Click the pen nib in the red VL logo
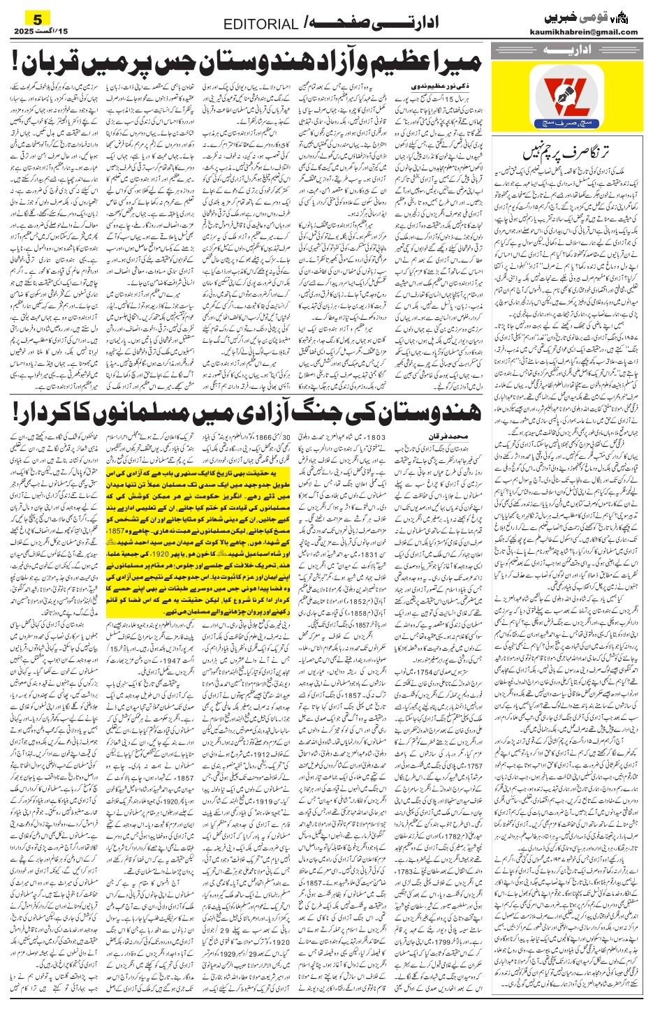click(575, 94)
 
